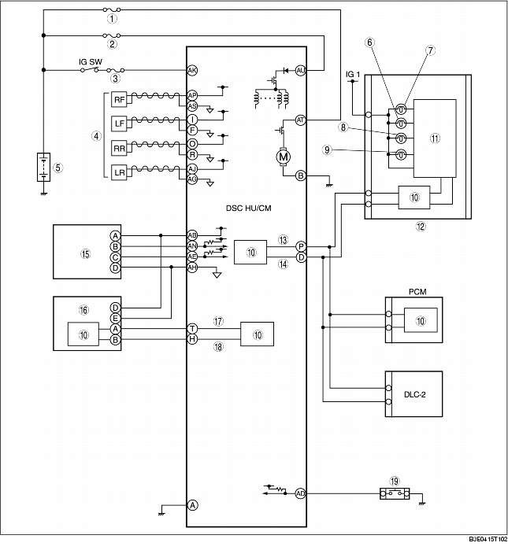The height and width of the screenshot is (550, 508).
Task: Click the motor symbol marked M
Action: click(x=283, y=157)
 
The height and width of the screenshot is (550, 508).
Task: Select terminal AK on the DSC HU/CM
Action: click(x=192, y=71)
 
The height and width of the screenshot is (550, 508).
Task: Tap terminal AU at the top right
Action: click(x=300, y=71)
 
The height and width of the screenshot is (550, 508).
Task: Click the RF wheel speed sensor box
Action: click(x=118, y=101)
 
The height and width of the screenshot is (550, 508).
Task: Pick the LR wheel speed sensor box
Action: click(x=118, y=173)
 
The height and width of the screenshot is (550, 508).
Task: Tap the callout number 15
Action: click(x=85, y=253)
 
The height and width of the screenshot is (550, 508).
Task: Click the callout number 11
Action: click(x=435, y=137)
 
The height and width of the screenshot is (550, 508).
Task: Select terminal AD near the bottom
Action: click(x=300, y=493)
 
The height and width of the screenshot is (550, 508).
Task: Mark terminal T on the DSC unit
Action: click(x=192, y=327)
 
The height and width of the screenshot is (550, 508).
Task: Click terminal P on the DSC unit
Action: click(x=300, y=245)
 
